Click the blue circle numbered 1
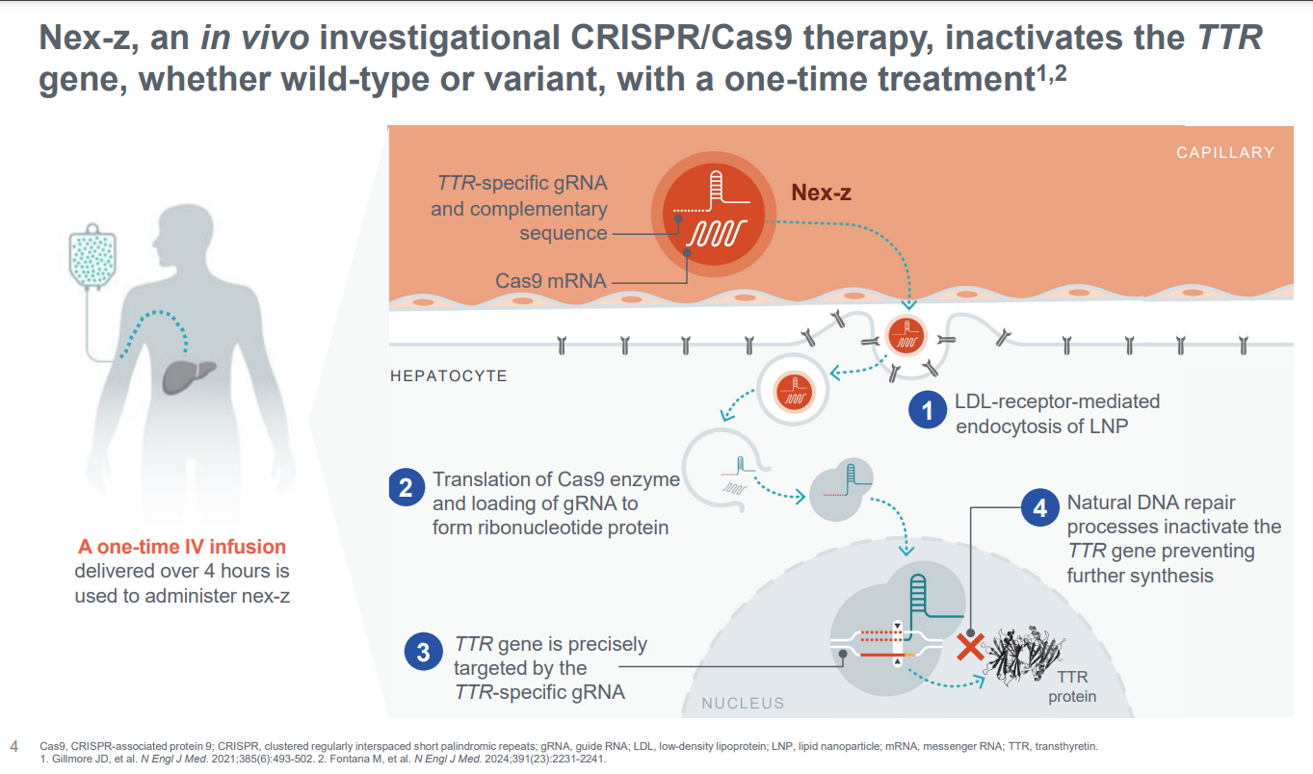click(929, 411)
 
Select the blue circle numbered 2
click(406, 488)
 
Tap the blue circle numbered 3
click(423, 654)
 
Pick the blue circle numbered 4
click(1039, 507)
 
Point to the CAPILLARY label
click(1224, 152)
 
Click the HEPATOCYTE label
click(448, 375)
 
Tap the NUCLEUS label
click(743, 704)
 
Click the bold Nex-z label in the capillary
click(821, 193)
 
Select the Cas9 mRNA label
click(551, 281)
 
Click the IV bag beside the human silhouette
click(92, 259)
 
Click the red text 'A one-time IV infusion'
click(182, 548)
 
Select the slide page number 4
click(13, 746)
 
